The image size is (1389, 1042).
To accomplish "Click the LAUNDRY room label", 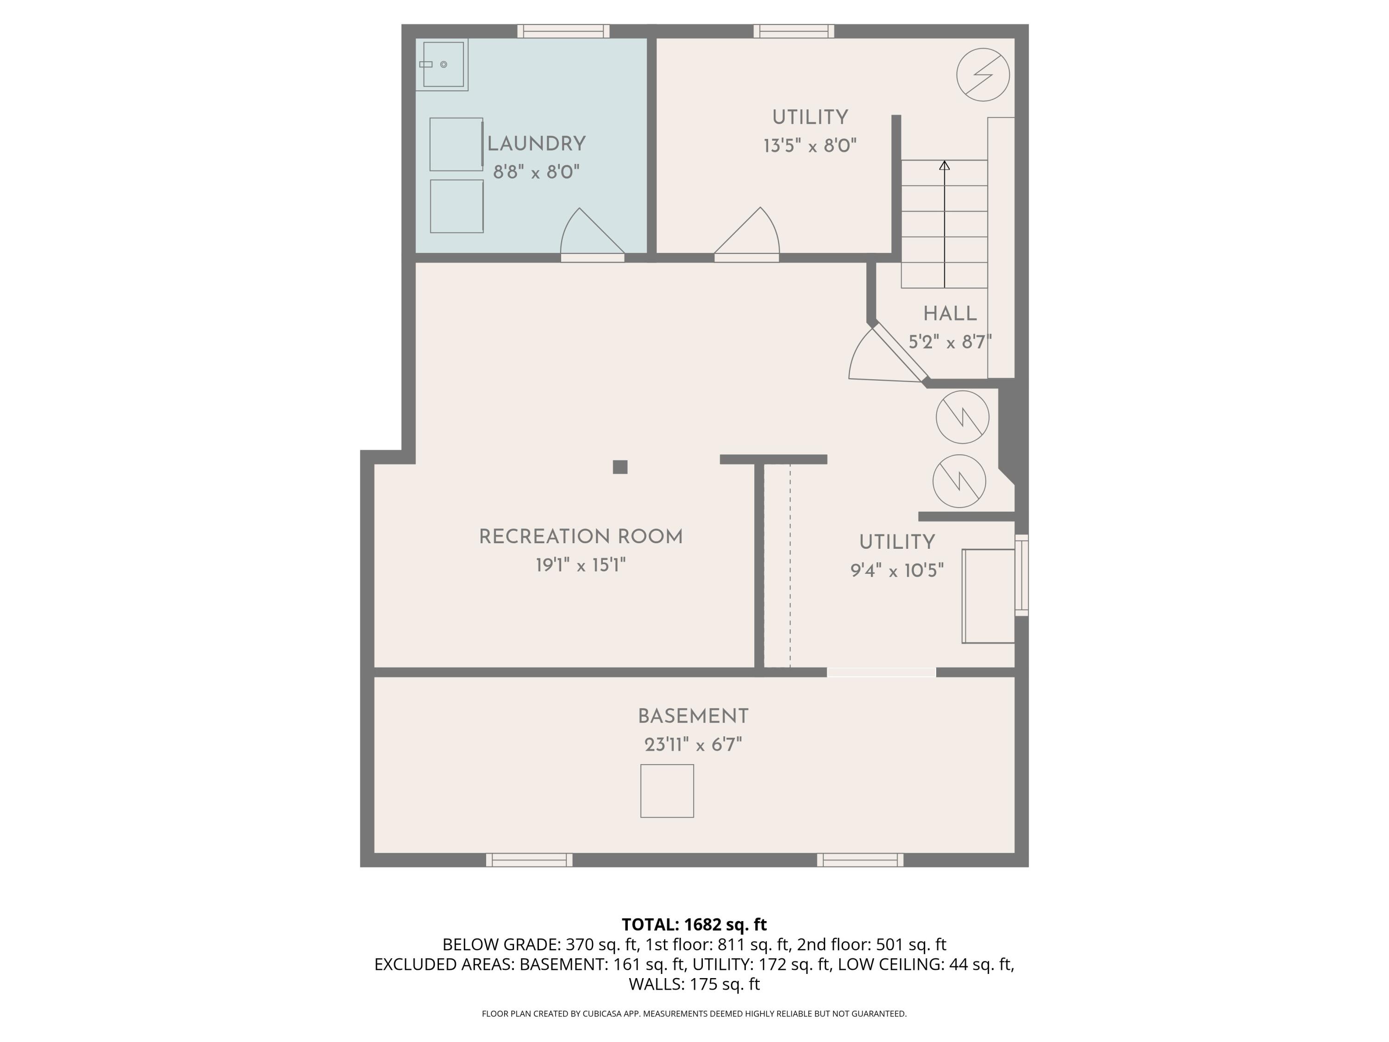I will [536, 144].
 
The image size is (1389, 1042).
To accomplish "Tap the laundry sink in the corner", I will [443, 65].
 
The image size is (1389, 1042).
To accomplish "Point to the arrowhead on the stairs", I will [944, 165].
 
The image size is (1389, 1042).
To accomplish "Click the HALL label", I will [950, 314].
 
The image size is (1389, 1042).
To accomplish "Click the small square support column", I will [620, 467].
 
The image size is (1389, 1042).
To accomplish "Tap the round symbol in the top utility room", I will [983, 75].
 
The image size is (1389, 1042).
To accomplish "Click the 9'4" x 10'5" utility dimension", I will [897, 570].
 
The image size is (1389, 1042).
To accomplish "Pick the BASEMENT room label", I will [693, 716].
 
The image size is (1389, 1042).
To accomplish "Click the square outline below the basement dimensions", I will [667, 791].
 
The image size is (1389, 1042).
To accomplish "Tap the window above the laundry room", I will [563, 31].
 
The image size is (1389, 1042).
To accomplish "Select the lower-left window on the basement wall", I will [529, 860].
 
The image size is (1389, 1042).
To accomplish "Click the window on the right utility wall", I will [1022, 575].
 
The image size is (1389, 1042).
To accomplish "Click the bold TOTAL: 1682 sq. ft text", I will [694, 924].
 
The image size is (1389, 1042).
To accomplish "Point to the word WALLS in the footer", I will [656, 984].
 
